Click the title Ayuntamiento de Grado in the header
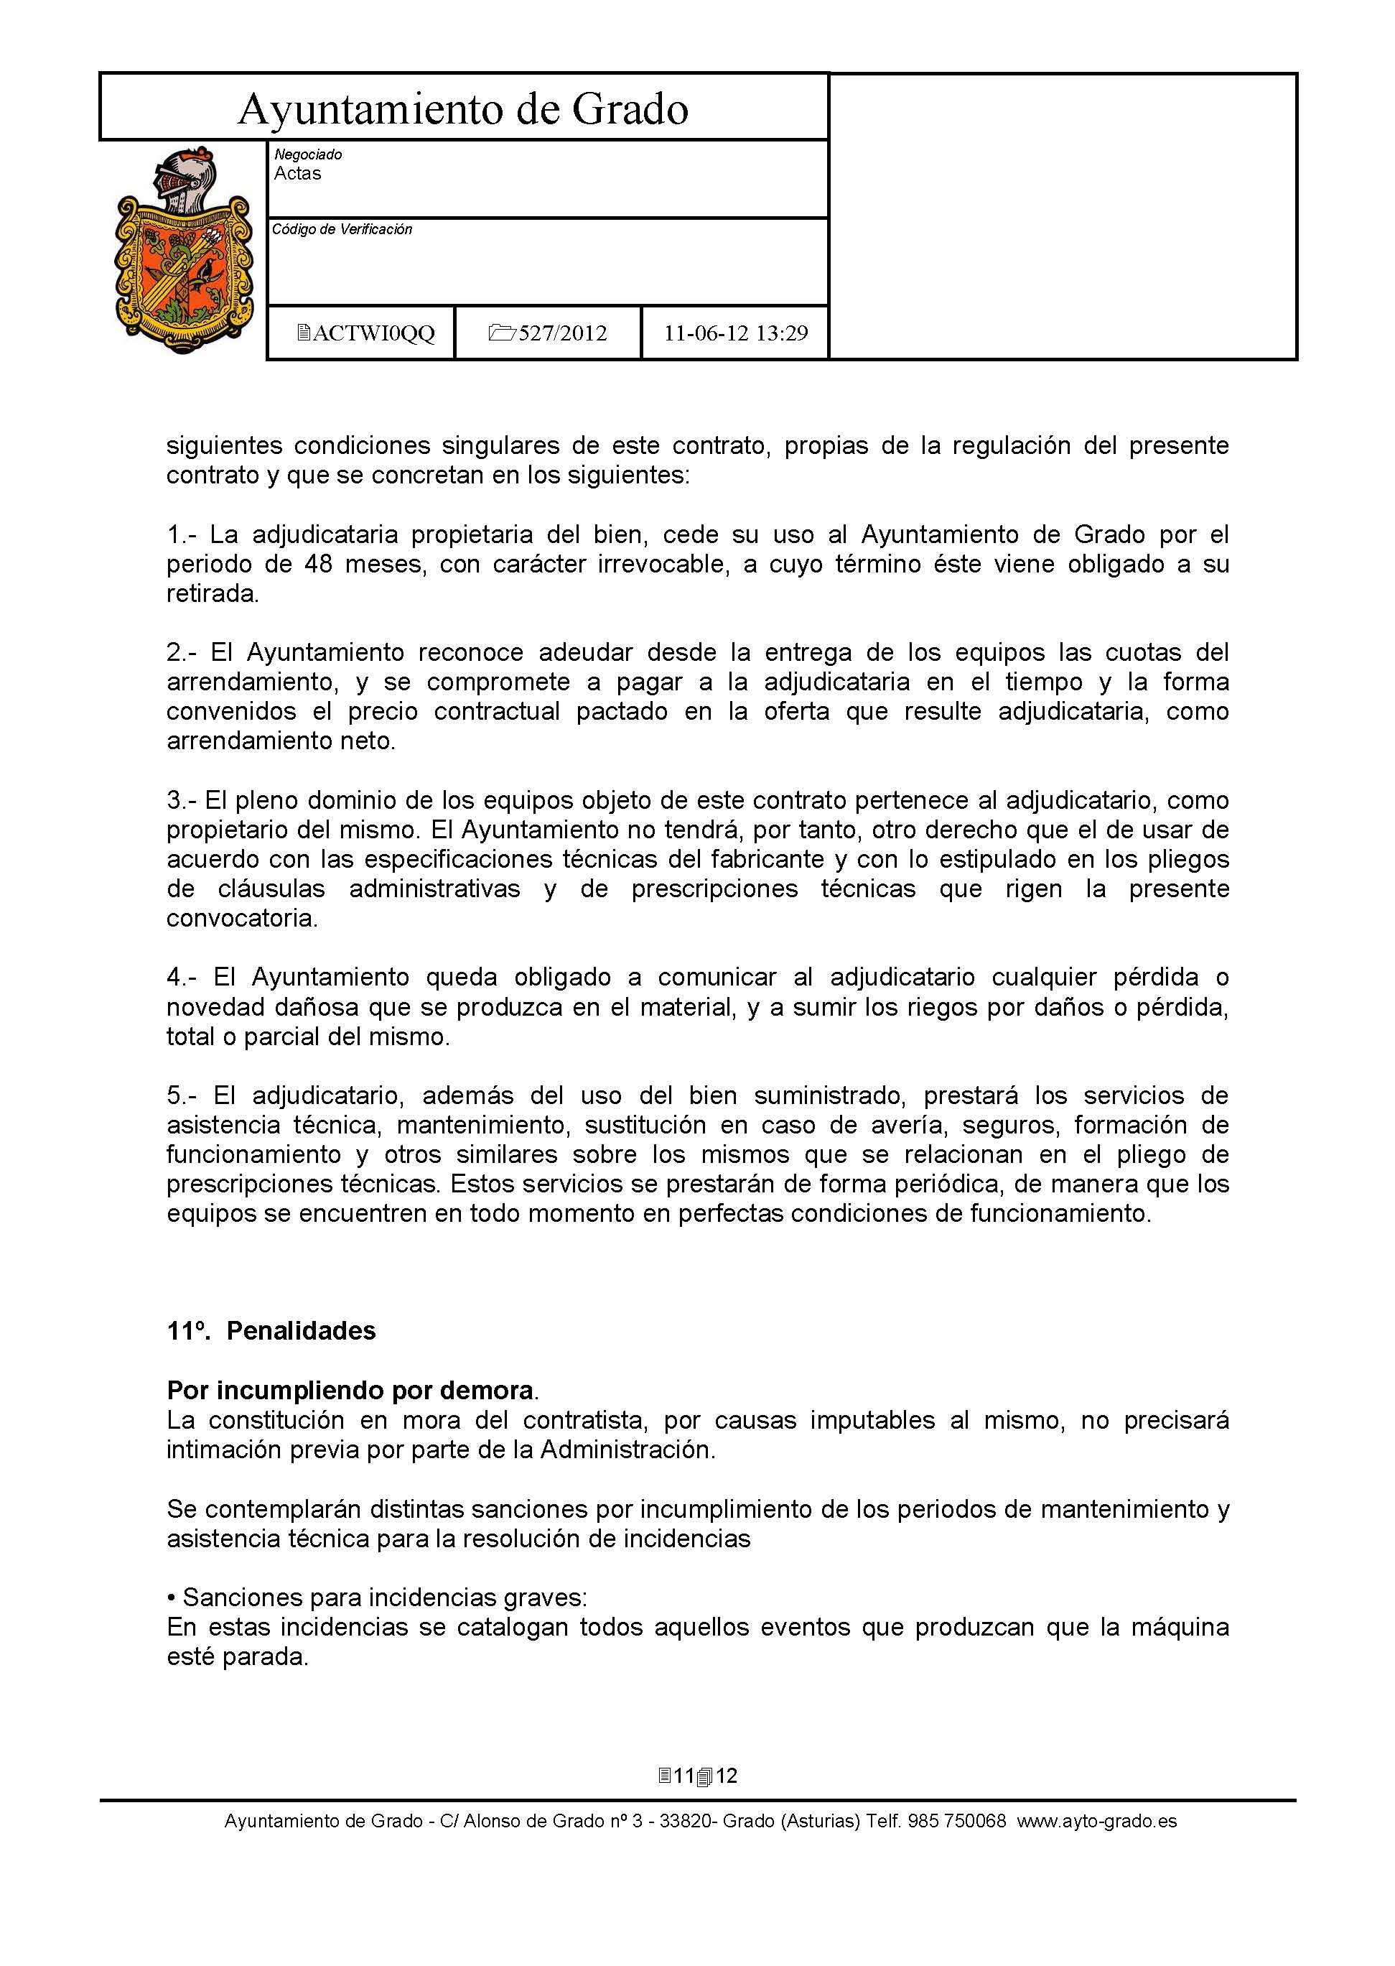(x=463, y=109)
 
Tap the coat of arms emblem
(x=184, y=250)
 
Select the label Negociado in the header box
(x=307, y=154)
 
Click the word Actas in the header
(x=297, y=174)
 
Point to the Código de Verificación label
(x=342, y=229)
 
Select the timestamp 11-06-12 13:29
(x=735, y=333)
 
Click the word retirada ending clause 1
(x=213, y=594)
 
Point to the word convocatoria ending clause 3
(x=241, y=919)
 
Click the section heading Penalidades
(x=301, y=1331)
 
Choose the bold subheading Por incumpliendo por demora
(x=350, y=1391)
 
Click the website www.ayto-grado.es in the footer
(x=1097, y=1821)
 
